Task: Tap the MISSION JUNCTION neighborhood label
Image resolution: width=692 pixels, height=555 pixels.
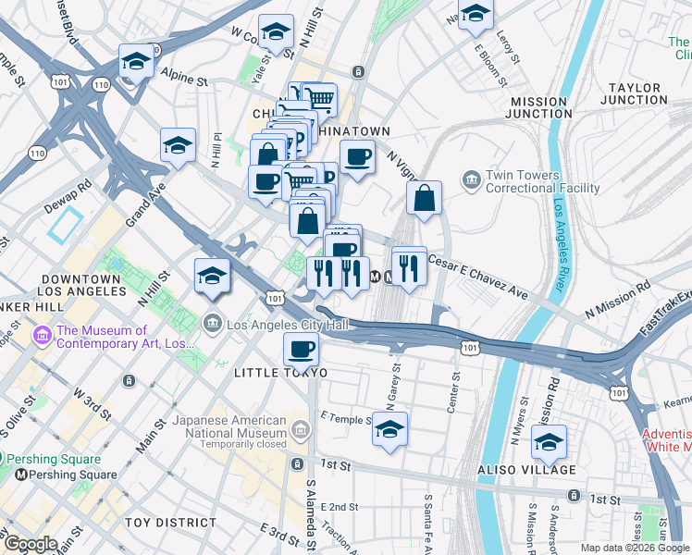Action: click(538, 107)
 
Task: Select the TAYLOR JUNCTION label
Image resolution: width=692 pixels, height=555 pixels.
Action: click(635, 93)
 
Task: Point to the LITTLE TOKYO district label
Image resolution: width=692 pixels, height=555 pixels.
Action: click(280, 372)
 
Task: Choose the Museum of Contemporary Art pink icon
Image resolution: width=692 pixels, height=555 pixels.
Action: click(42, 332)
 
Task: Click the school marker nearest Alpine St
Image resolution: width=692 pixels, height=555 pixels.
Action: click(137, 63)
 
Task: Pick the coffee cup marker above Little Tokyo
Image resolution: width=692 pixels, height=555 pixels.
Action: click(301, 351)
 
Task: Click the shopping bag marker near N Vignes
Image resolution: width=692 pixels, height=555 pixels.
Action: click(424, 198)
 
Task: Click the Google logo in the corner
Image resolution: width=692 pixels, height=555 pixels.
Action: click(30, 545)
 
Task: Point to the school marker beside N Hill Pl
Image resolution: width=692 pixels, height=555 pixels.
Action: click(178, 145)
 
